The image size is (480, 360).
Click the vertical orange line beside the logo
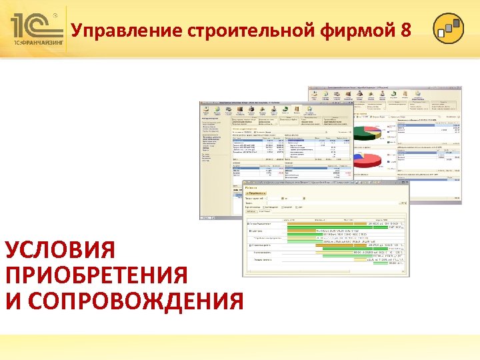coord(67,30)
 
